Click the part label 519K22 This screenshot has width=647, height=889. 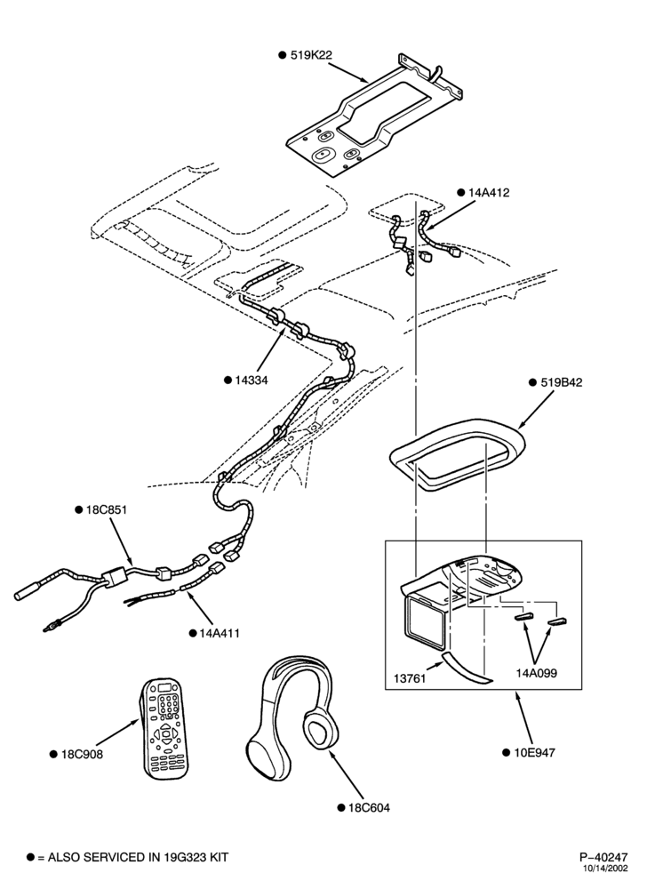311,55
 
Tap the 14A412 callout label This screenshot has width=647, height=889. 489,192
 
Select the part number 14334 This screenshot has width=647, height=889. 252,380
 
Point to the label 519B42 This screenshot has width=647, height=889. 562,382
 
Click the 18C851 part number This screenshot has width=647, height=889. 107,509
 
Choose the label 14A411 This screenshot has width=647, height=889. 220,633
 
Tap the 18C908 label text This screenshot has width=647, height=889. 82,754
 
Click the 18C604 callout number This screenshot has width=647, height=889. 369,807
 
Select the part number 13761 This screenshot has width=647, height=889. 410,678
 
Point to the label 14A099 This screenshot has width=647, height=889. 536,673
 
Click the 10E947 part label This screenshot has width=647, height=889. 534,752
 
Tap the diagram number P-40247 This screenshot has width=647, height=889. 603,857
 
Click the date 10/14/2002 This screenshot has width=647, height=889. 607,868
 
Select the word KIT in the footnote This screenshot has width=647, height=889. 218,857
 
